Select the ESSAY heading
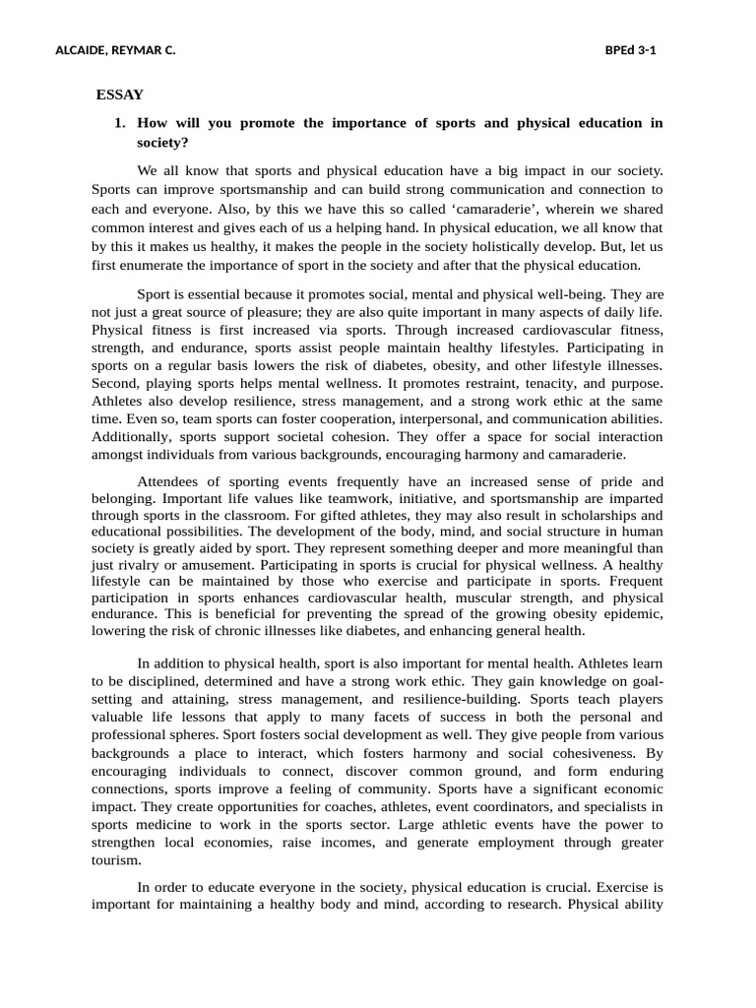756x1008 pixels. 120,94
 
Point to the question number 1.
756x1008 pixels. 119,123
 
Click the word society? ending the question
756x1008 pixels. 162,142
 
